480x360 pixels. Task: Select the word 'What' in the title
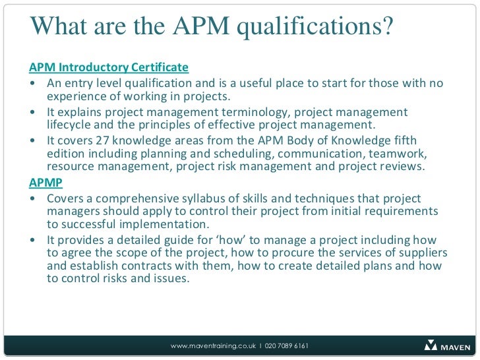point(57,27)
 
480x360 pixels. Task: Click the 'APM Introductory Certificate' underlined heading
point(109,67)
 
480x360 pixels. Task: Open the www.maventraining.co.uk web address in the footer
point(213,346)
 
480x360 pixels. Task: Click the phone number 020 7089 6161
point(287,346)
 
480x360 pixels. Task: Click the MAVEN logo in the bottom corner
point(448,345)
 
